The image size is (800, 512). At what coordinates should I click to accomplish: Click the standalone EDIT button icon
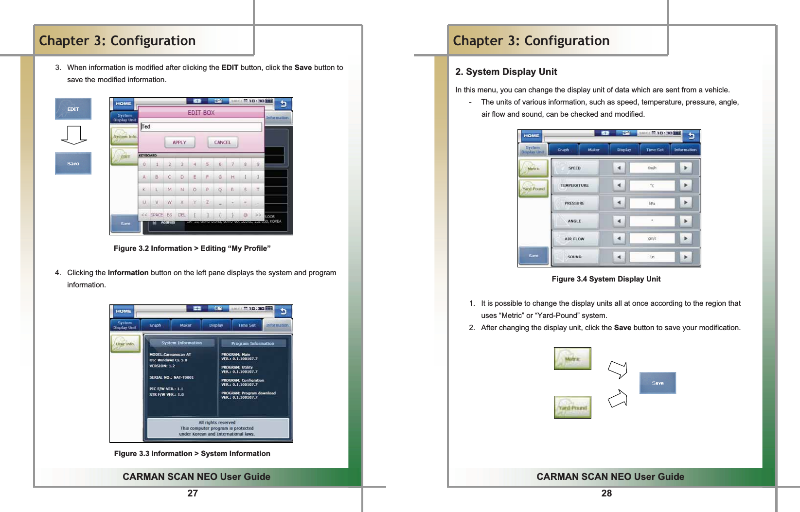click(x=73, y=109)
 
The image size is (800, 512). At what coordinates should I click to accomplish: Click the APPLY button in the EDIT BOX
click(x=179, y=142)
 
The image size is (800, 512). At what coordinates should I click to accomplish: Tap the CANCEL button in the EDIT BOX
click(x=222, y=142)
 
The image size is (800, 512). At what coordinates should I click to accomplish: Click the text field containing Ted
click(x=201, y=127)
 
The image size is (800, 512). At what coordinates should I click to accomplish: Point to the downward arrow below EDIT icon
click(x=74, y=135)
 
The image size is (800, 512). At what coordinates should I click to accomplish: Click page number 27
click(x=193, y=493)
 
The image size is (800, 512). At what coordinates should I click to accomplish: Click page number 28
click(x=606, y=493)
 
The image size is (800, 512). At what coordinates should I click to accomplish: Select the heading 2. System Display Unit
click(x=506, y=72)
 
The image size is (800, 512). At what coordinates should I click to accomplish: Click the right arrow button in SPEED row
click(x=685, y=168)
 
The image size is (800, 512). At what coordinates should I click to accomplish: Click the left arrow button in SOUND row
click(x=619, y=257)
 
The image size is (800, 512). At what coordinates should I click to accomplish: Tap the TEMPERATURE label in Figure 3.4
click(x=574, y=185)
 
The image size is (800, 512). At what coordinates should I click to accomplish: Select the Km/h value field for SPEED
click(x=652, y=168)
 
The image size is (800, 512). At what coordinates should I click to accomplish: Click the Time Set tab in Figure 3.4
click(x=655, y=150)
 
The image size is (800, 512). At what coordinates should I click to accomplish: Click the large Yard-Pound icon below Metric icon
click(x=572, y=407)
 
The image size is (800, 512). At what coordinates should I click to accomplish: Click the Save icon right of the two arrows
click(x=658, y=383)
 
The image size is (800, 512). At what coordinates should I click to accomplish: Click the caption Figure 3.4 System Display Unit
click(x=606, y=279)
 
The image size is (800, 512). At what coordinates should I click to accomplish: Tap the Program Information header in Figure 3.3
click(x=252, y=343)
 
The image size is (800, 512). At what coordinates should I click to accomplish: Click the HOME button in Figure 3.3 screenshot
click(x=124, y=311)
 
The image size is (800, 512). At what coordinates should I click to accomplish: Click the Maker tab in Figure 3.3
click(x=186, y=325)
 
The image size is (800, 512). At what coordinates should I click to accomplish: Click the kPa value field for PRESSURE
click(x=652, y=203)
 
